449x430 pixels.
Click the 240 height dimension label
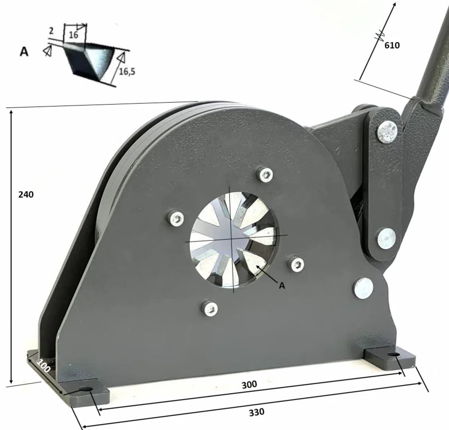click(x=26, y=195)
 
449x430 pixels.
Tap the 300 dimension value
click(x=249, y=385)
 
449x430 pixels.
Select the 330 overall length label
click(x=256, y=412)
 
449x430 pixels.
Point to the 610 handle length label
click(x=392, y=45)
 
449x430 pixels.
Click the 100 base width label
click(x=43, y=365)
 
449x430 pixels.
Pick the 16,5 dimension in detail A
click(x=127, y=71)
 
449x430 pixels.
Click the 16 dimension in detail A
click(x=73, y=35)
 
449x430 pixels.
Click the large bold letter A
click(x=24, y=51)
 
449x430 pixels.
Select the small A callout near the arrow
click(x=282, y=286)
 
